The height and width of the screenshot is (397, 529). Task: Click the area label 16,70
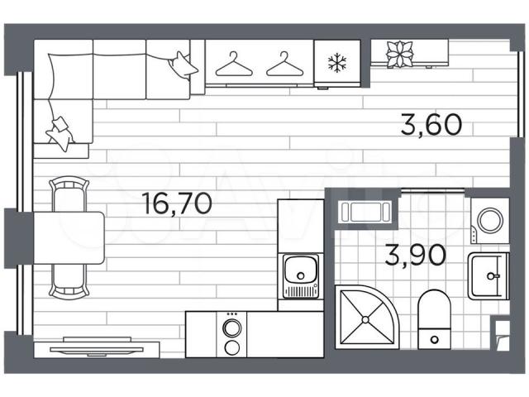(178, 204)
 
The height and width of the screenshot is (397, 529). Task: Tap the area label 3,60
(431, 125)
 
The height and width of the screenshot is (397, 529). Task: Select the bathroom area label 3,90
(415, 256)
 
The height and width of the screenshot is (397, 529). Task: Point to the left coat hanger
(234, 65)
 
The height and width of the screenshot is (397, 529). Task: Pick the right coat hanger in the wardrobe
(284, 65)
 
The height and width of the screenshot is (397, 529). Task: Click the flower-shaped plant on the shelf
(399, 54)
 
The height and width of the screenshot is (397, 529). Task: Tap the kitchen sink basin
(301, 270)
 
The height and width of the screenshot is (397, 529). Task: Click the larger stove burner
(232, 328)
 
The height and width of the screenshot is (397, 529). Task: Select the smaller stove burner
(232, 347)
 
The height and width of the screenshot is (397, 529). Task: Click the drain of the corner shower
(365, 319)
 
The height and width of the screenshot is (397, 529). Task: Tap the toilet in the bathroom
(434, 319)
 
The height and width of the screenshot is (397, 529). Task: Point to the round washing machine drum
(491, 220)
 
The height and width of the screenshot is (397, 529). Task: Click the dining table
(69, 238)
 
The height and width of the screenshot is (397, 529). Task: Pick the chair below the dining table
(69, 281)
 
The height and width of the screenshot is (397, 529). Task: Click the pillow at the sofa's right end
(183, 65)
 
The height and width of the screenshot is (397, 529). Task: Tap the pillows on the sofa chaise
(60, 134)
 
